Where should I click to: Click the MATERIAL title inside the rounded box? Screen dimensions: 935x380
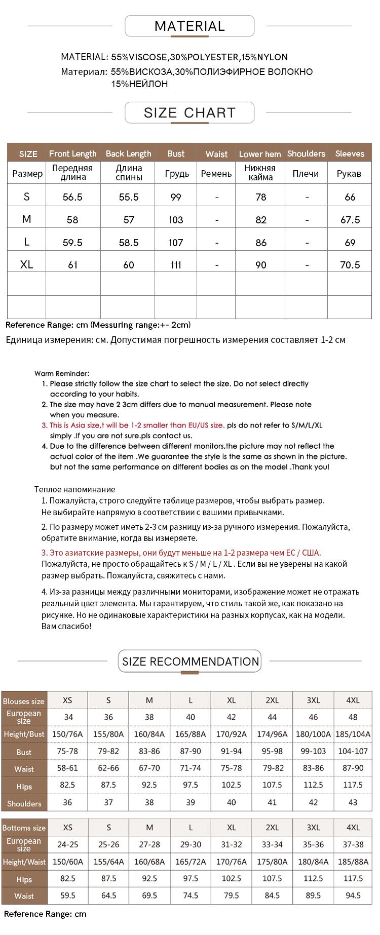coord(189,26)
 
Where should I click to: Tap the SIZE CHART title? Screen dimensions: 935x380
coord(189,112)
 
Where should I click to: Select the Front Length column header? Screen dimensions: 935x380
coord(72,153)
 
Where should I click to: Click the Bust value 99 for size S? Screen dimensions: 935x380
coord(176,197)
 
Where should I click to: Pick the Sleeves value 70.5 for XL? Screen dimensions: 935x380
coord(350,265)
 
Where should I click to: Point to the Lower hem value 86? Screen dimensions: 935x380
coord(261,243)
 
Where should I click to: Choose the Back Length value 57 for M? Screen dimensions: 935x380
coord(129,220)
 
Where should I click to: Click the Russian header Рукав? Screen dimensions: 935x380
coord(349,174)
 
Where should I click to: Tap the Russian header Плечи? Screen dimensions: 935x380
coord(306,174)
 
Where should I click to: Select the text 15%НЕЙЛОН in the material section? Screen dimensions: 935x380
coord(140,84)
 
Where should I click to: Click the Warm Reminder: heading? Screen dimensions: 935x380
coord(62,373)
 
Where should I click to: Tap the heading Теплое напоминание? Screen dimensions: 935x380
coord(75,489)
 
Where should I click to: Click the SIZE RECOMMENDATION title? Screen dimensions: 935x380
coord(190,661)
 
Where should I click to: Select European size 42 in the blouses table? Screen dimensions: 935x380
coord(231,717)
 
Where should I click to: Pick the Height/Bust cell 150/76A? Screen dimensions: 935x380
coord(67,734)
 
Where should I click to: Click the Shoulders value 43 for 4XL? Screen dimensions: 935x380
coord(353,802)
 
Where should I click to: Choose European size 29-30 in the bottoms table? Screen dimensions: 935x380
coord(191,844)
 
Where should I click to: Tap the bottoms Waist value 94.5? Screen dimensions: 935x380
coord(353,895)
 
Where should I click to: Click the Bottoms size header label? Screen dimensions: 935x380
coord(24,828)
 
